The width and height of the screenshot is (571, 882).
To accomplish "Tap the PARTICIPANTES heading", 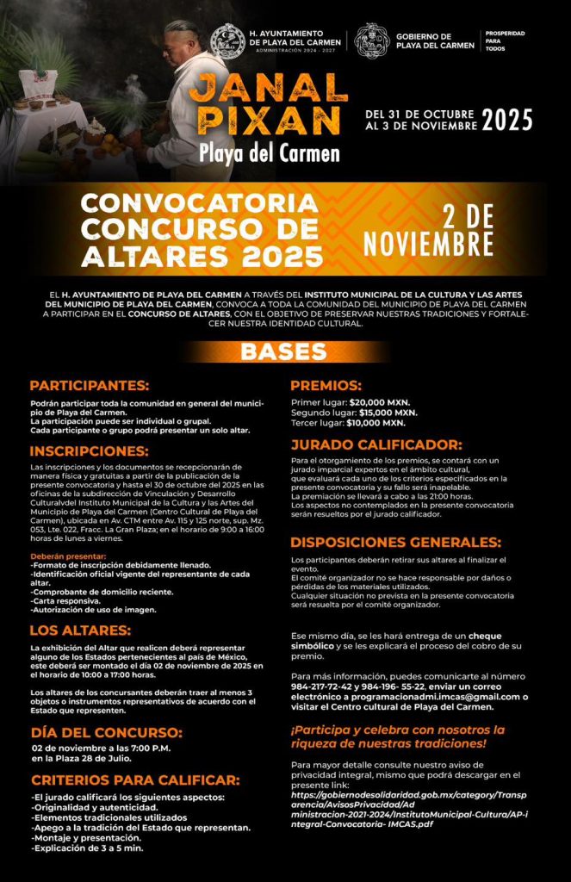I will (x=90, y=385).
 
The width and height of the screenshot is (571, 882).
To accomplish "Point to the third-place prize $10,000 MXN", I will (x=375, y=423).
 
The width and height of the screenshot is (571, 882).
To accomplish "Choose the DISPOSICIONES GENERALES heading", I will (x=396, y=543).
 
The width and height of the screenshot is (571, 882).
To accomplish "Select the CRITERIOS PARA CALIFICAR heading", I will (x=133, y=780).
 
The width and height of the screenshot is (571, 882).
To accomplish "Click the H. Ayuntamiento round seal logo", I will (x=227, y=40).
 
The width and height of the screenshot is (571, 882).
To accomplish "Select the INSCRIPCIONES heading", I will (x=89, y=450).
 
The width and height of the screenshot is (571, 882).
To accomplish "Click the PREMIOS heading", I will (x=326, y=385).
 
